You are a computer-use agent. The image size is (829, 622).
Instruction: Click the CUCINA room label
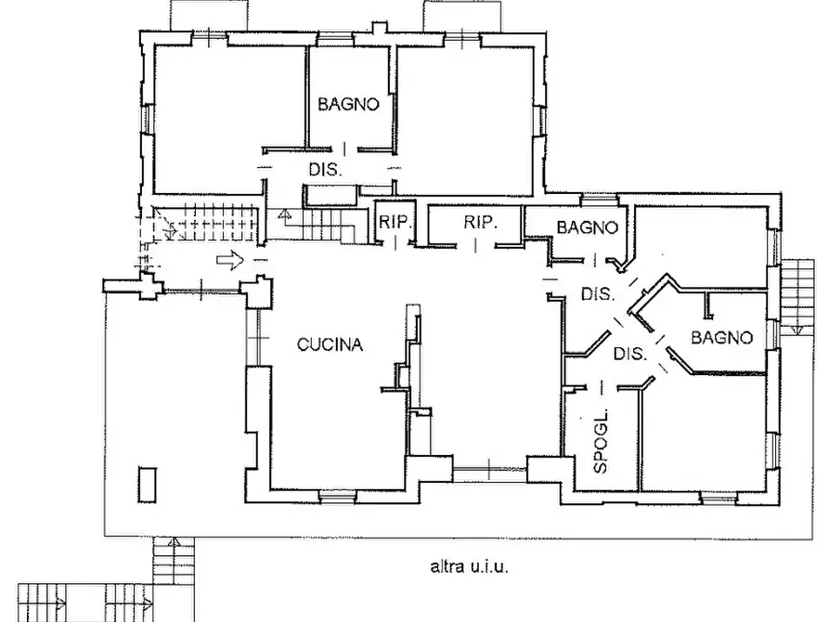click(x=330, y=345)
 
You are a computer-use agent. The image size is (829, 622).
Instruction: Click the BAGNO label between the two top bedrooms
click(x=348, y=105)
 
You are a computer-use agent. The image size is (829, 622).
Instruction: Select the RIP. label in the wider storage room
click(x=481, y=223)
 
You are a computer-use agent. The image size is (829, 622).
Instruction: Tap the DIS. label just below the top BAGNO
click(x=326, y=170)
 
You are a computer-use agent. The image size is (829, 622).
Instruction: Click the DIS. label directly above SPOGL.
click(x=630, y=354)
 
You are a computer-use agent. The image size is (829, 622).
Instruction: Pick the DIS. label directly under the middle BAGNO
click(x=598, y=295)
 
